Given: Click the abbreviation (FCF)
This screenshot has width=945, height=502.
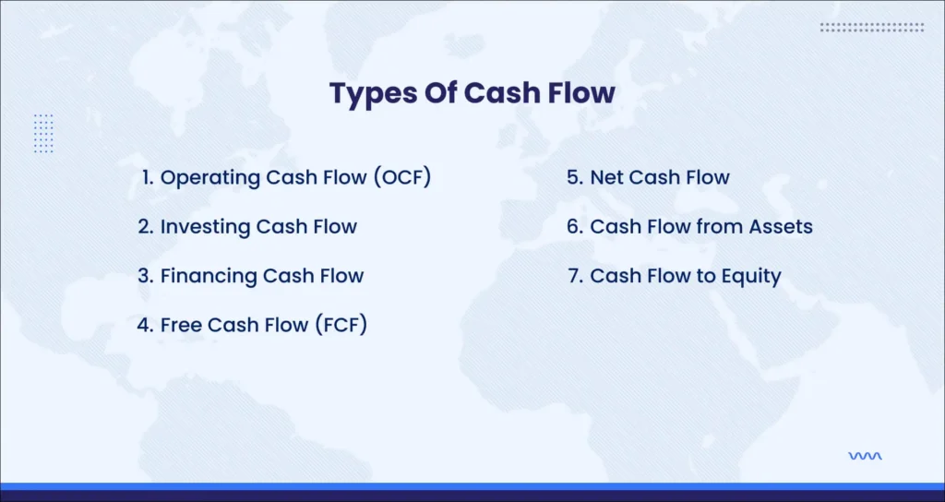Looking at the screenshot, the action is point(341,325).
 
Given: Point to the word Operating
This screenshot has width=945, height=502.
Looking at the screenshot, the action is point(210,178).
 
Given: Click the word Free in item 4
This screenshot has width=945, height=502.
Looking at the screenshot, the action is point(182,325).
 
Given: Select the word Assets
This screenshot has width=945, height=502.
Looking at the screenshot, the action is point(781,227).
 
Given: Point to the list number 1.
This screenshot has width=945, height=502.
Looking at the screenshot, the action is point(148,177).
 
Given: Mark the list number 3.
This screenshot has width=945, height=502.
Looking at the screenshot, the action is point(146,276).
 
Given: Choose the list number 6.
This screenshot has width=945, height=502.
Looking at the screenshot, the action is point(574,227).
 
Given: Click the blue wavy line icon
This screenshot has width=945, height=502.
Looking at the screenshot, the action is point(865,456).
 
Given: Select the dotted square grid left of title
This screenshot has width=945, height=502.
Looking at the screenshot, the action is point(43,133).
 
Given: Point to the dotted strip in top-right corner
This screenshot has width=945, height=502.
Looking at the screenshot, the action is point(871,27).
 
